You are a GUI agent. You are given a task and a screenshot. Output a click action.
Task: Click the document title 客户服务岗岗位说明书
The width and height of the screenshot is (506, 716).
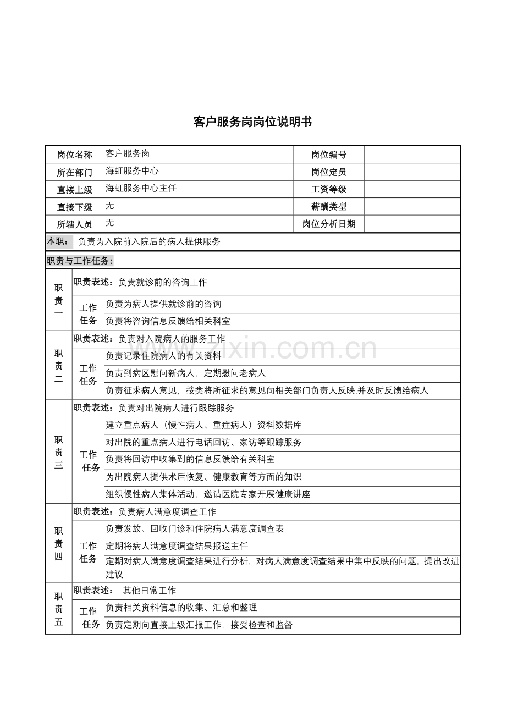click(252, 122)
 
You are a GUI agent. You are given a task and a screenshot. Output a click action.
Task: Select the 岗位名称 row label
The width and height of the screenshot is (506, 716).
click(75, 155)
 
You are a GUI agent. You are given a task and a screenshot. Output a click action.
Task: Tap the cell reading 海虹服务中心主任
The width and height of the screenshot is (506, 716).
click(141, 188)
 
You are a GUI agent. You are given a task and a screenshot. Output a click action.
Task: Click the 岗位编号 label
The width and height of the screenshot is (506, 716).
click(329, 155)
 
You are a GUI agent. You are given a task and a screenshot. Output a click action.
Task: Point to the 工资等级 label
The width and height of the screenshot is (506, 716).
click(329, 189)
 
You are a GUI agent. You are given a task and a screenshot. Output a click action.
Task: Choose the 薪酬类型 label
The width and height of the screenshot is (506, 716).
click(329, 207)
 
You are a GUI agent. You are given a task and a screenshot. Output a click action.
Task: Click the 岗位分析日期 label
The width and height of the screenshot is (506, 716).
click(329, 224)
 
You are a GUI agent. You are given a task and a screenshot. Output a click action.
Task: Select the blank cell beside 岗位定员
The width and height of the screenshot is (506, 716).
click(412, 172)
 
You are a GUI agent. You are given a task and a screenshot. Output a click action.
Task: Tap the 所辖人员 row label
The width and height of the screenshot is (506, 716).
click(75, 224)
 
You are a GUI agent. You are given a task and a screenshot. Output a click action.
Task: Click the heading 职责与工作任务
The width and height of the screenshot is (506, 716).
click(80, 261)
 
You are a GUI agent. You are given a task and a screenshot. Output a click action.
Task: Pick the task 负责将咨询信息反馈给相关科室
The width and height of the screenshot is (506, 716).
click(168, 321)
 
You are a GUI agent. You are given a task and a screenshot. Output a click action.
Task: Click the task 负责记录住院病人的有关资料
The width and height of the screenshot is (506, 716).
click(163, 355)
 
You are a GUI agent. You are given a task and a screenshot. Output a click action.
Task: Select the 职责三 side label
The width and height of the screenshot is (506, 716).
click(58, 452)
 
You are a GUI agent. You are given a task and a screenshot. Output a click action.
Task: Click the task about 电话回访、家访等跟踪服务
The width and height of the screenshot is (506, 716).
click(204, 442)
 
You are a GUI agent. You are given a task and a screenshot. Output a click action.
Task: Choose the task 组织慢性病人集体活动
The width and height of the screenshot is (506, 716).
click(208, 494)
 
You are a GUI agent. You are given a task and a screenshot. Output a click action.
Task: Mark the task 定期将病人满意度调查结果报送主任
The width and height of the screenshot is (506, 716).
click(177, 546)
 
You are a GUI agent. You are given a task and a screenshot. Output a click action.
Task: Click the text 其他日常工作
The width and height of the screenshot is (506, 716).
click(150, 591)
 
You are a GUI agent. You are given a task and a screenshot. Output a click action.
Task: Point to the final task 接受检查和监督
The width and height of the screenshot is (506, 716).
click(199, 625)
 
